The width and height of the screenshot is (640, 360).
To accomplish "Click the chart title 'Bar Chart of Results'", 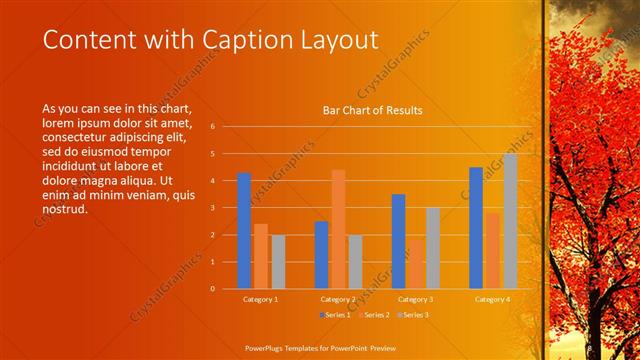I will pos(372,110).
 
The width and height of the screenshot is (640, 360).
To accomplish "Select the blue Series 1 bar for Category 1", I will pos(244,231).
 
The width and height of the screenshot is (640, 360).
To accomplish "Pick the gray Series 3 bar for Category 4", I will pos(510,221).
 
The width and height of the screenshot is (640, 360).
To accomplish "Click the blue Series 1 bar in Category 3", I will pos(398,241).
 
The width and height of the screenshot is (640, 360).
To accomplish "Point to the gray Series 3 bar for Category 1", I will pos(278,261).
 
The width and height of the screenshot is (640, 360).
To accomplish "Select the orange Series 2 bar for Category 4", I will pos(493,250).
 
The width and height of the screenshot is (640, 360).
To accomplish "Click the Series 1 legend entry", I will pos(335,315).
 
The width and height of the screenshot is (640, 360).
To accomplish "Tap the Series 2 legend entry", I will pos(373,315).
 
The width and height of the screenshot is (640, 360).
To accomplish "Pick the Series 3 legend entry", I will pos(412,315).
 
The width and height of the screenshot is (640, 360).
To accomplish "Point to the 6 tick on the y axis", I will pos(212,127).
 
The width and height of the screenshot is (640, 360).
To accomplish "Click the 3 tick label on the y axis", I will pos(212,208).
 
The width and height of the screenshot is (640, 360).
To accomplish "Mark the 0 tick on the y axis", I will pos(212,289).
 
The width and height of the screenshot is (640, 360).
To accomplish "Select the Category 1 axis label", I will pos(261,299).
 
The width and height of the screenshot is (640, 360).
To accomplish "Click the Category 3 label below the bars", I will pos(415,299).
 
